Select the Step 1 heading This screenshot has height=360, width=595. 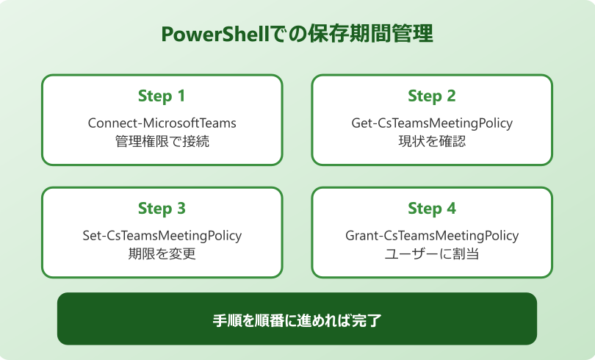point(162,96)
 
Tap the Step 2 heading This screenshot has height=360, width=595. point(432,96)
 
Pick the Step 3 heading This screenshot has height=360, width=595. point(162,209)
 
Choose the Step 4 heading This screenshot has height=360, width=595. point(432,209)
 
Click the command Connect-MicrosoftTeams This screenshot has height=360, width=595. point(162,123)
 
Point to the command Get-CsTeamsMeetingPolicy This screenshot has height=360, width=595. point(432,123)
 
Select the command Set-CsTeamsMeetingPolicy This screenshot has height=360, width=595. point(162,236)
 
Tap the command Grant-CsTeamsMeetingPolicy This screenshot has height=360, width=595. point(432,236)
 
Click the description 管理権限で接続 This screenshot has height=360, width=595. point(162,141)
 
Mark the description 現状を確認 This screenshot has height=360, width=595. point(432,141)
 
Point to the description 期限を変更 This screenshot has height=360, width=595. point(162,254)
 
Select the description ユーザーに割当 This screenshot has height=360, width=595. point(432,254)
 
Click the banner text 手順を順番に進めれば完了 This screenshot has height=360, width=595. point(297,320)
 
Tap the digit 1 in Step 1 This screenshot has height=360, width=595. point(181,96)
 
